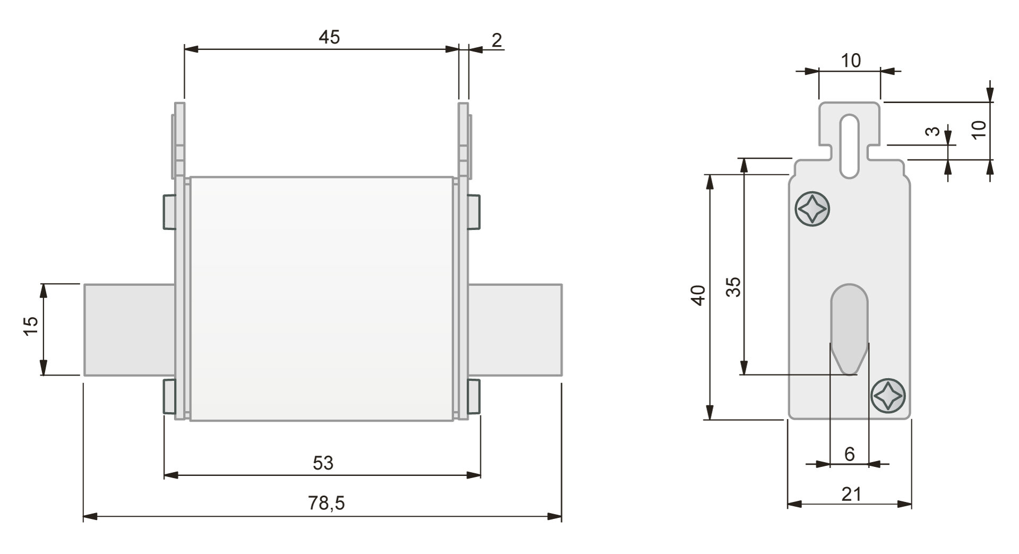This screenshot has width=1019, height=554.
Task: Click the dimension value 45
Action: (x=329, y=37)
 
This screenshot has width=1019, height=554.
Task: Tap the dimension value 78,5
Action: (x=326, y=502)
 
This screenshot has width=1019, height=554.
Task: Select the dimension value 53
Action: (x=323, y=463)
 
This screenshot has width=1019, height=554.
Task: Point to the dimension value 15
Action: (x=31, y=325)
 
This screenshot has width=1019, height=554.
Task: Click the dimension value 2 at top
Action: (x=496, y=40)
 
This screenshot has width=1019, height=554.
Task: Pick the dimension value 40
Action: (x=699, y=295)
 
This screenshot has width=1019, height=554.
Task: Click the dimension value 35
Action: (x=733, y=287)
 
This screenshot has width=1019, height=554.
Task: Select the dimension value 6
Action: (x=849, y=454)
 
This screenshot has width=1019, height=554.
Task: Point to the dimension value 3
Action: (x=933, y=131)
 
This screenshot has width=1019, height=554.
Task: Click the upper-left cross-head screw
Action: (x=812, y=209)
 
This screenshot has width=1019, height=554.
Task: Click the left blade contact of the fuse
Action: (x=129, y=329)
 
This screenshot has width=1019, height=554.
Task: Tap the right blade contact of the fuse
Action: (x=514, y=329)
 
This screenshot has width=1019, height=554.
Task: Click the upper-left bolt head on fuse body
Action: (x=169, y=212)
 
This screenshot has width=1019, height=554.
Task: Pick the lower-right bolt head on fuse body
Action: (x=473, y=396)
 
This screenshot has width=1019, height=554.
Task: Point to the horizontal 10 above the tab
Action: (x=851, y=61)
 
